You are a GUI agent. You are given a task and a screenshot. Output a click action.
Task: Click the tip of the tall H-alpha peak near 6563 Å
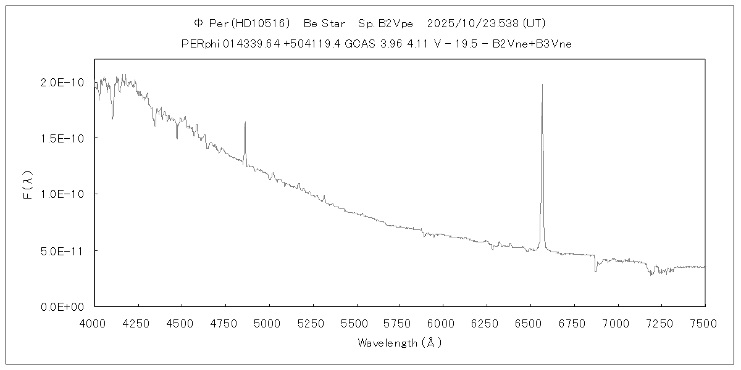pos(542,84)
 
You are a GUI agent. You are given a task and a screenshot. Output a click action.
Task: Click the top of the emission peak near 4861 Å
pos(245,122)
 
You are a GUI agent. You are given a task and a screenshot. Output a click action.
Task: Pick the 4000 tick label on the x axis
pos(94,323)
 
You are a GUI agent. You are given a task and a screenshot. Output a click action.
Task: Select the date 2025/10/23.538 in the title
pos(473,23)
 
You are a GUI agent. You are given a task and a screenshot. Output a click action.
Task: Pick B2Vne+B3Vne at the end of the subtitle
pos(536,44)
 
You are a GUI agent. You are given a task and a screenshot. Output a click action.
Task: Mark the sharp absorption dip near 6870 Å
pos(595,270)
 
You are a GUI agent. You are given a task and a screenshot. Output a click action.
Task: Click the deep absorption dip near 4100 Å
pos(112,118)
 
